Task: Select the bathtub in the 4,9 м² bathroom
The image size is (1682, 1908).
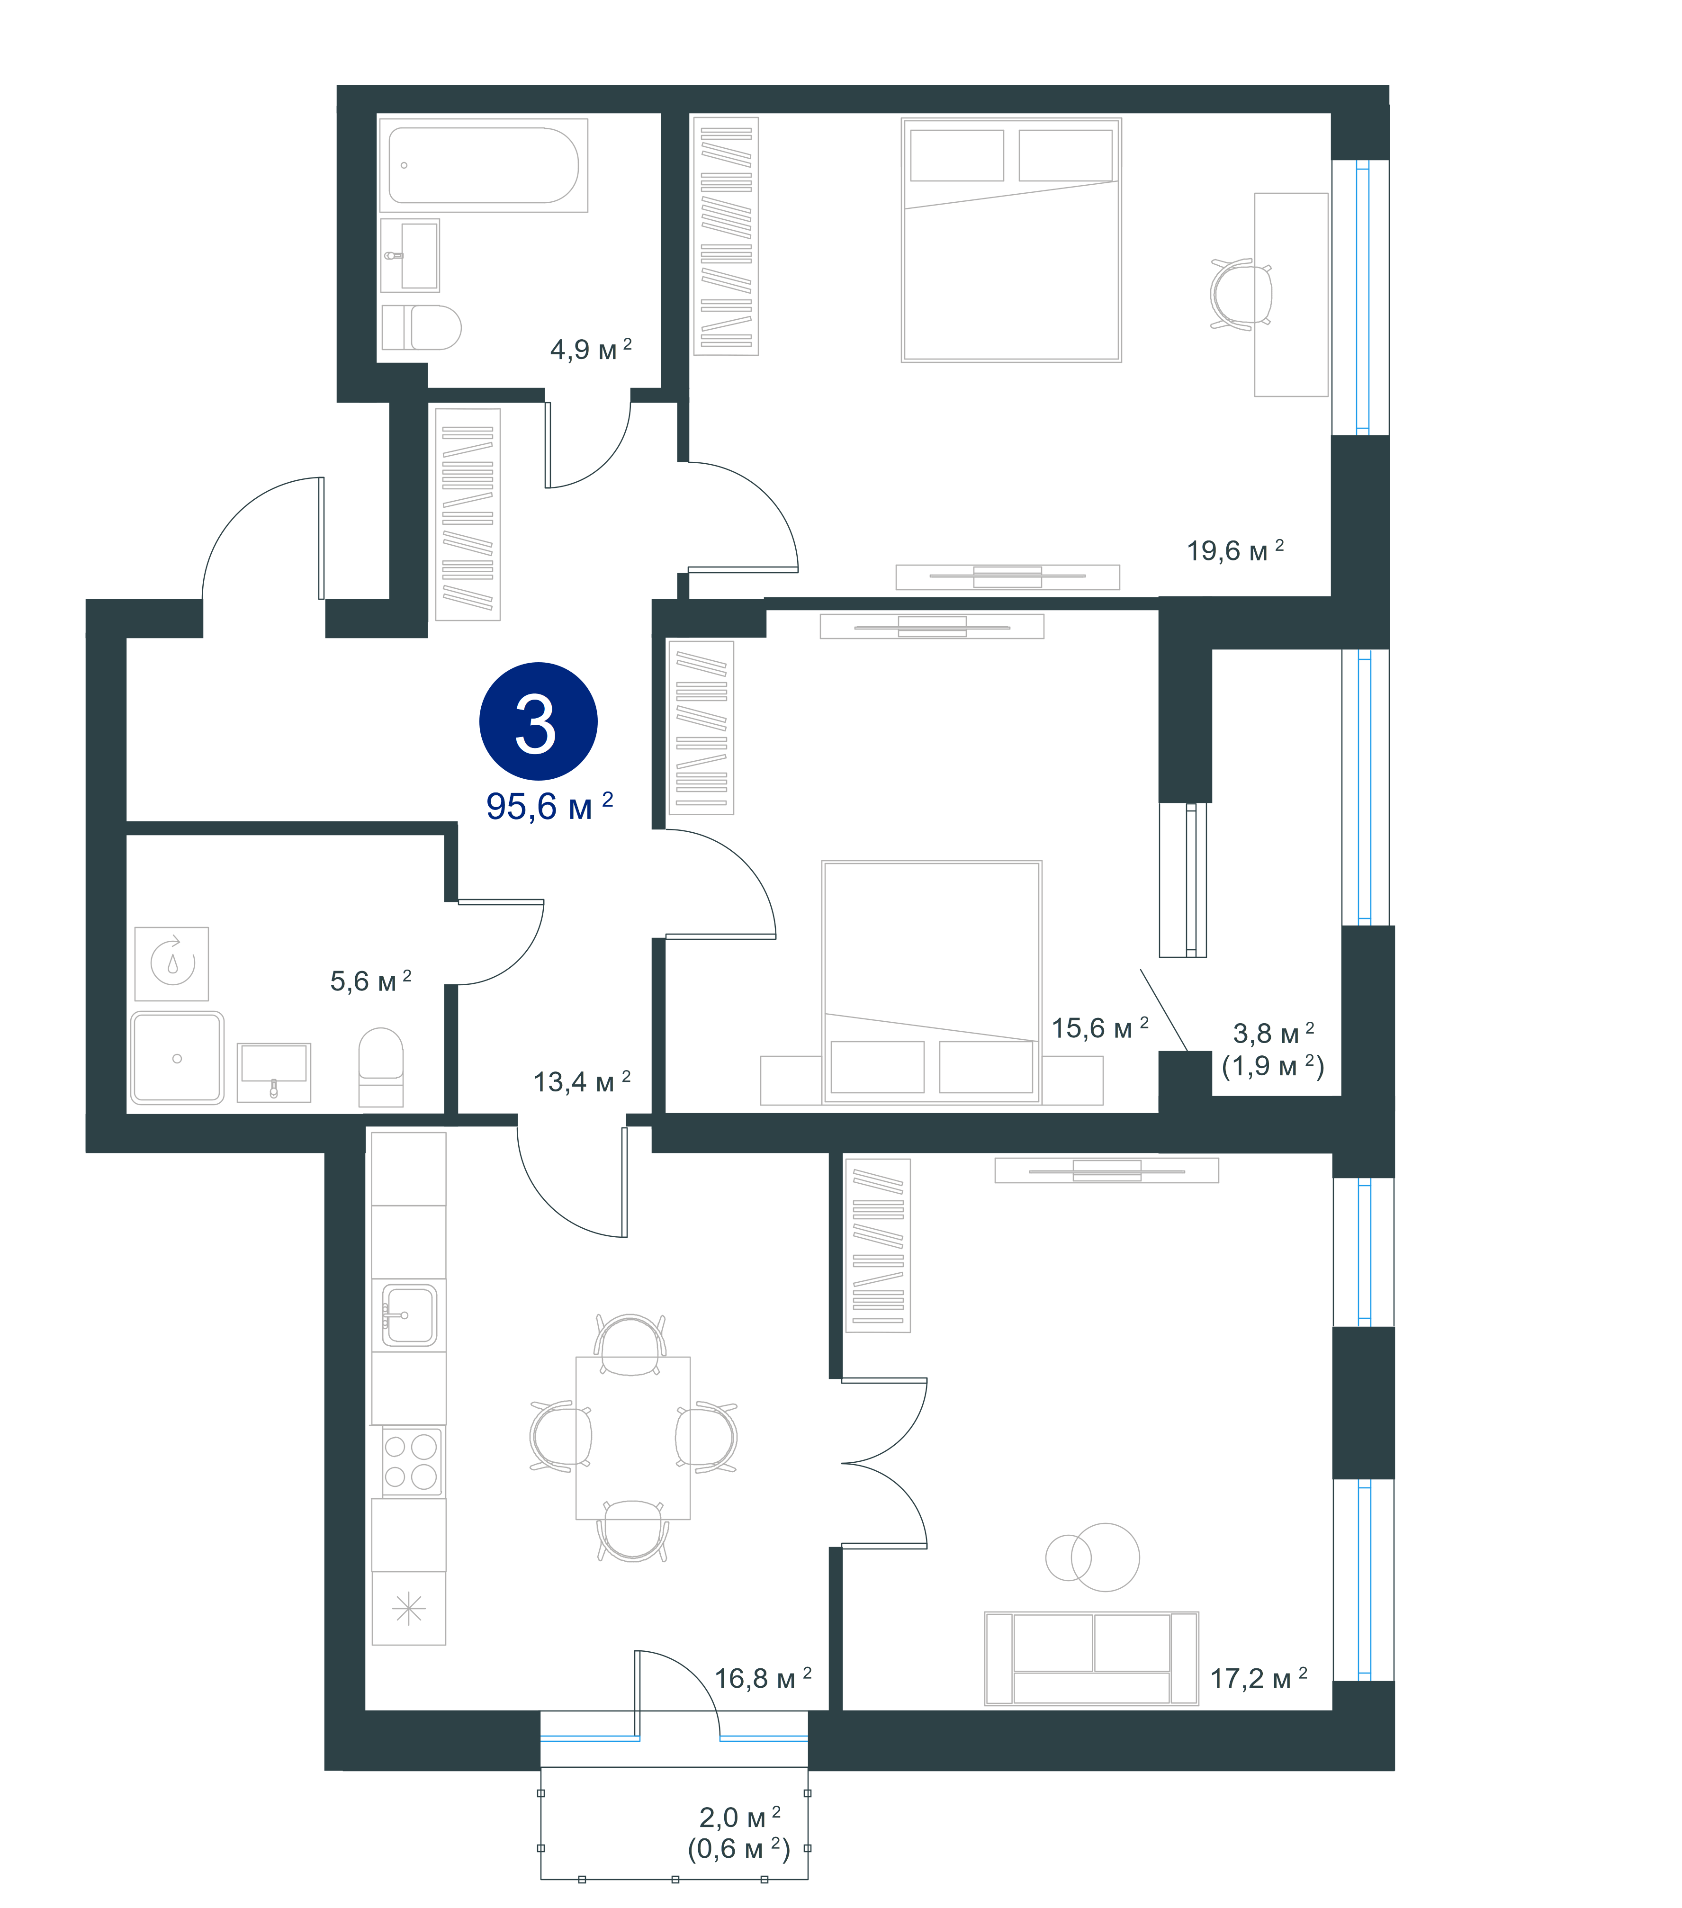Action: pyautogui.click(x=484, y=165)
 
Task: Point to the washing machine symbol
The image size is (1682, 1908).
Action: pyautogui.click(x=172, y=963)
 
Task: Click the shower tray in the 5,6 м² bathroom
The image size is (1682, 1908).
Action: pyautogui.click(x=177, y=1058)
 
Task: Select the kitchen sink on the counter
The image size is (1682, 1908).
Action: pyautogui.click(x=409, y=1315)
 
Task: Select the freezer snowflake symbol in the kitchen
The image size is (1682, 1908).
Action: pyautogui.click(x=409, y=1608)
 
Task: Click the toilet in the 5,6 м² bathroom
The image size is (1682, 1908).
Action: pyautogui.click(x=381, y=1067)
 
